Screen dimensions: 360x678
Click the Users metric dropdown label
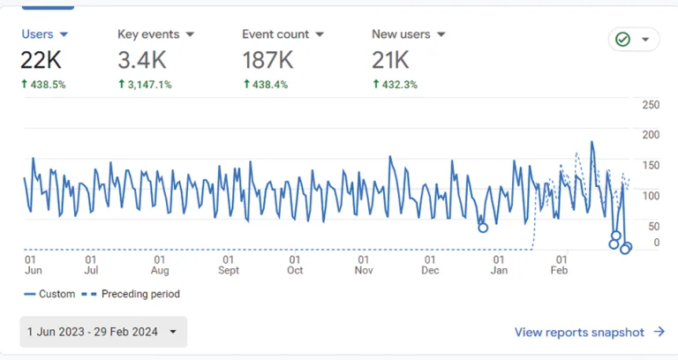[x=44, y=34]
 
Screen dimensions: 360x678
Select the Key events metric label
[x=154, y=34]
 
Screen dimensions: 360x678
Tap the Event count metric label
[x=282, y=34]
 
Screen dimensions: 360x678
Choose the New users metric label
[x=408, y=34]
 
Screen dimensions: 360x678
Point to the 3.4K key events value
[x=141, y=60]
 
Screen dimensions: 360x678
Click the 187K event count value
[x=267, y=60]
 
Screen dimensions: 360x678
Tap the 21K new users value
[x=390, y=60]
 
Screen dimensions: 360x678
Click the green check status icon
[x=622, y=40]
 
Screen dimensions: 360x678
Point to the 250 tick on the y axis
[x=651, y=106]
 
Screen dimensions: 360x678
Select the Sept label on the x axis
[x=229, y=271]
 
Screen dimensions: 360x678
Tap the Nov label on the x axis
[x=363, y=271]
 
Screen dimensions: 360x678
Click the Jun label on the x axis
[x=31, y=271]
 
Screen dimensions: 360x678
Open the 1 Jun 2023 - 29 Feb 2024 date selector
[x=103, y=332]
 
